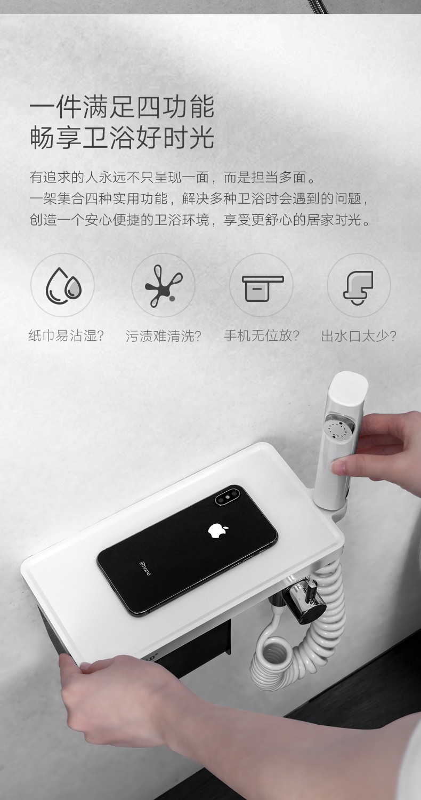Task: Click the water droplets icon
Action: point(63,285)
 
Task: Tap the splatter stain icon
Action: point(164,286)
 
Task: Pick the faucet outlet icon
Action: point(358,287)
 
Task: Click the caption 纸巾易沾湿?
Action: point(67,335)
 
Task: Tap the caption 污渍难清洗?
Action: point(164,335)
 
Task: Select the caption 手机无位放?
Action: point(262,335)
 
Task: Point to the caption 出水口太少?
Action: point(359,335)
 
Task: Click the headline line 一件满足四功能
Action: point(122,107)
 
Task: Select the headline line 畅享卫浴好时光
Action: point(122,137)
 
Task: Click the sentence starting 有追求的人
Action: point(173,178)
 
